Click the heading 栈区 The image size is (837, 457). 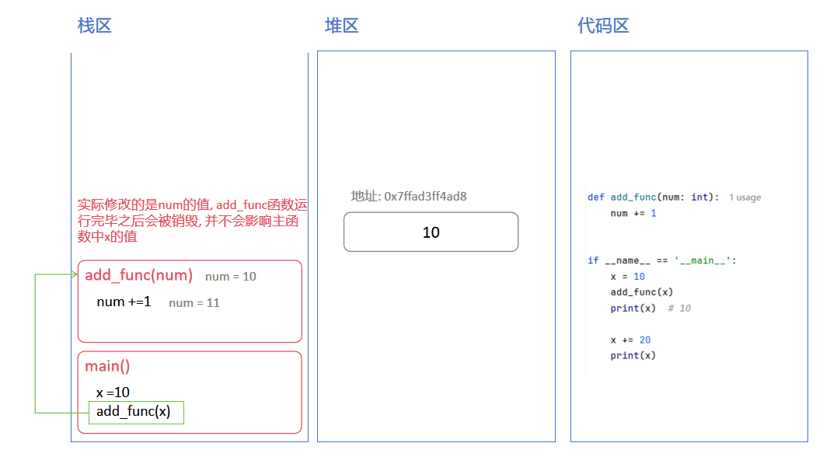click(95, 26)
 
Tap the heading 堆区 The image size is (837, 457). click(341, 26)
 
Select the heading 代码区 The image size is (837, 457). click(603, 26)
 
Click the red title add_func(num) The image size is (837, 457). click(138, 275)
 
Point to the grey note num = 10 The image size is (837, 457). click(231, 277)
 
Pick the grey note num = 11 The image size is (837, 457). click(194, 303)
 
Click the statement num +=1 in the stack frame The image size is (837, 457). click(124, 302)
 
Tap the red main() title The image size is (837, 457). click(107, 366)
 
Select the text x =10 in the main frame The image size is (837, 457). click(113, 392)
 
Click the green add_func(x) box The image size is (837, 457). click(137, 412)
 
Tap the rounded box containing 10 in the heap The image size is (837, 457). click(431, 232)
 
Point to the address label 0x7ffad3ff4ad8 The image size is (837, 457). click(409, 197)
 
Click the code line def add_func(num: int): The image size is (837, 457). click(654, 197)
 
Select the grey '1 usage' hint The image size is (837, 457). click(745, 197)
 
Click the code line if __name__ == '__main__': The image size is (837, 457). click(661, 260)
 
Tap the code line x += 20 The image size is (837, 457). click(630, 340)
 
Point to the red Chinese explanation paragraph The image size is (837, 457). click(192, 221)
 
